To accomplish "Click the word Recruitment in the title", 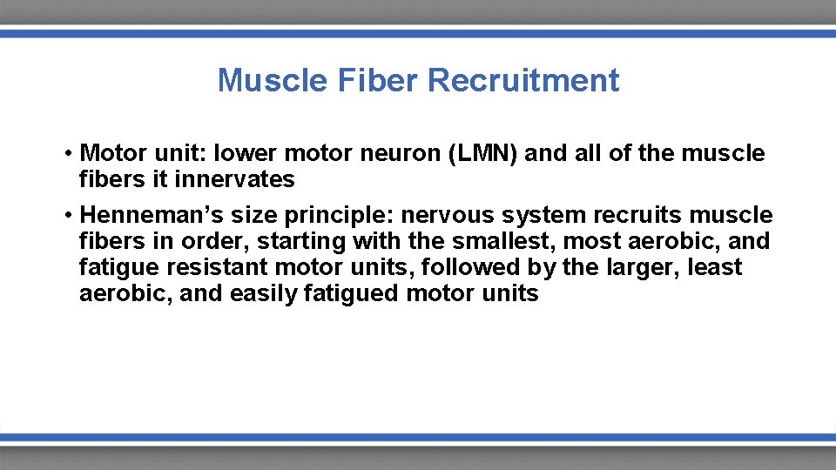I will tap(523, 81).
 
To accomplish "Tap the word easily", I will tap(265, 293).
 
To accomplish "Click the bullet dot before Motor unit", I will tap(67, 155).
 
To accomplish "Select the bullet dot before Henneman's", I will tap(67, 216).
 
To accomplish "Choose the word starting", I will tap(300, 241).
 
